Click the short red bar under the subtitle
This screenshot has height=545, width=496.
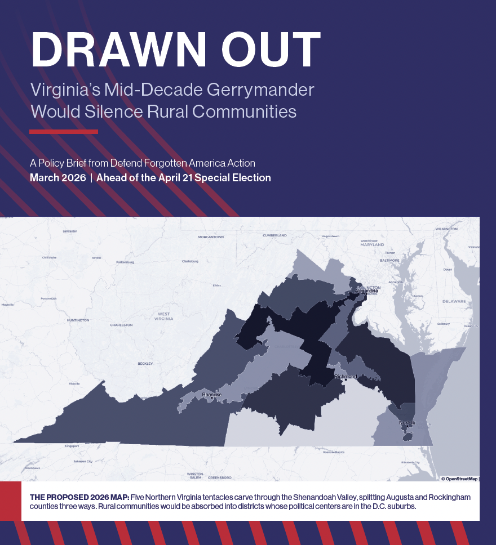(64, 132)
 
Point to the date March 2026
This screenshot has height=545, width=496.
(57, 178)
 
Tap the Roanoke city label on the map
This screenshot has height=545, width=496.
(212, 395)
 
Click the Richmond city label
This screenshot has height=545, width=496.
(346, 376)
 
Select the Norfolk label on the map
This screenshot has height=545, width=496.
(407, 422)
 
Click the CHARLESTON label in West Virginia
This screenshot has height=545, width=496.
(121, 325)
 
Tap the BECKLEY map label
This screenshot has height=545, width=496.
(145, 364)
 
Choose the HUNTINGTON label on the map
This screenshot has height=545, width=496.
(78, 320)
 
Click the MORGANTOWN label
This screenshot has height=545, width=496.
(211, 237)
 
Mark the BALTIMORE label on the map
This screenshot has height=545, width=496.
(389, 261)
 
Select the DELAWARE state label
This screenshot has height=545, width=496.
(454, 301)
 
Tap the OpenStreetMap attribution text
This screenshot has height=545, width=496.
(459, 479)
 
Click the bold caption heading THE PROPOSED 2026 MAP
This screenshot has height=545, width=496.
(79, 498)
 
